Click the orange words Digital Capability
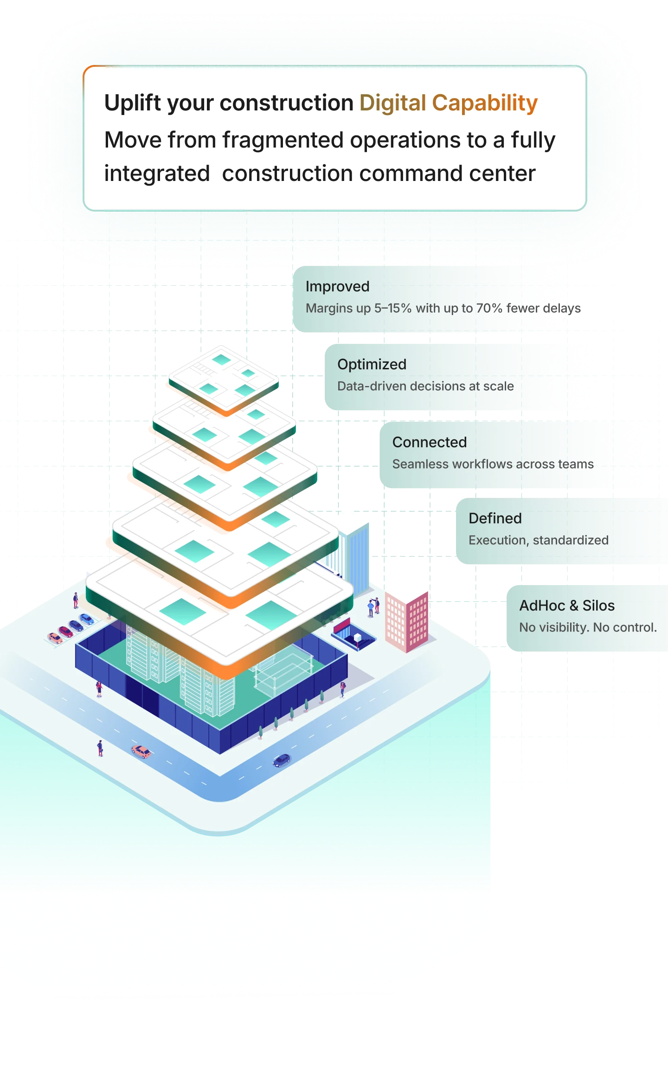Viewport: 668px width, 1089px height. click(x=448, y=103)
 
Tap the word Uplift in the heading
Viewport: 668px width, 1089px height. click(x=132, y=103)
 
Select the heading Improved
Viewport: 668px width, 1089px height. click(x=337, y=286)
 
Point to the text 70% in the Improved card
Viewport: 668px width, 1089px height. click(x=489, y=308)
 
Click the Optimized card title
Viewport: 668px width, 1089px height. click(x=372, y=364)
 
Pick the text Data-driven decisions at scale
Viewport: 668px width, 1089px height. click(x=425, y=386)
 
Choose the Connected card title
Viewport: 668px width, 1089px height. click(x=429, y=442)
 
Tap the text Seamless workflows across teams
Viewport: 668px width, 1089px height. click(x=493, y=464)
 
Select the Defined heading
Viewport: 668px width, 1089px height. click(x=495, y=518)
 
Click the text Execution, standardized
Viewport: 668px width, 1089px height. click(x=538, y=540)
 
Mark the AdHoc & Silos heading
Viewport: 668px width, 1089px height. click(x=567, y=606)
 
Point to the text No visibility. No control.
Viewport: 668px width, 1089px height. click(x=588, y=627)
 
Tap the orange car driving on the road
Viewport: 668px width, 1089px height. click(x=141, y=751)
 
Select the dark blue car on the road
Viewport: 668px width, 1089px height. click(x=281, y=760)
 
